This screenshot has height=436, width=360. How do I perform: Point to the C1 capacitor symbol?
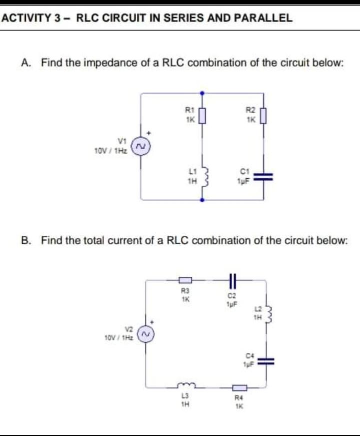[x=263, y=176]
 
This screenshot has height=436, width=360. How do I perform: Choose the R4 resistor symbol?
[x=239, y=386]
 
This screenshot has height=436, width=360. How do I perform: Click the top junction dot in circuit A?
[x=202, y=93]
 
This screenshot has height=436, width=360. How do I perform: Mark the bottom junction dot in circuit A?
[x=202, y=200]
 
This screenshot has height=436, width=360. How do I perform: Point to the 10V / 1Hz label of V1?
[x=111, y=150]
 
